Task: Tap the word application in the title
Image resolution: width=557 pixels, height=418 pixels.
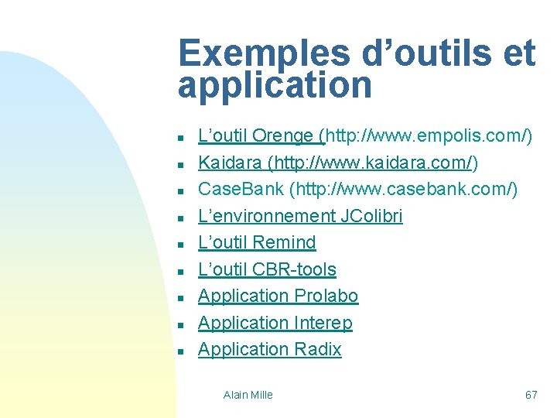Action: pos(275,85)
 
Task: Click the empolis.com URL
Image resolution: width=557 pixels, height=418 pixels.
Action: pos(429,136)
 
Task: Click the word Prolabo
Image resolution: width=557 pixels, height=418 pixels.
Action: pos(326,296)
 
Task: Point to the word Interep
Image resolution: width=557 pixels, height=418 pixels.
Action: pos(323,322)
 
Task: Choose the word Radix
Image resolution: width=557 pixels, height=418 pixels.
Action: pos(317,349)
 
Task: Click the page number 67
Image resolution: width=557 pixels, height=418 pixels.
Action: pos(531,395)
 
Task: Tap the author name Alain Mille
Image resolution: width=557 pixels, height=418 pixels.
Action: pos(248,395)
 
